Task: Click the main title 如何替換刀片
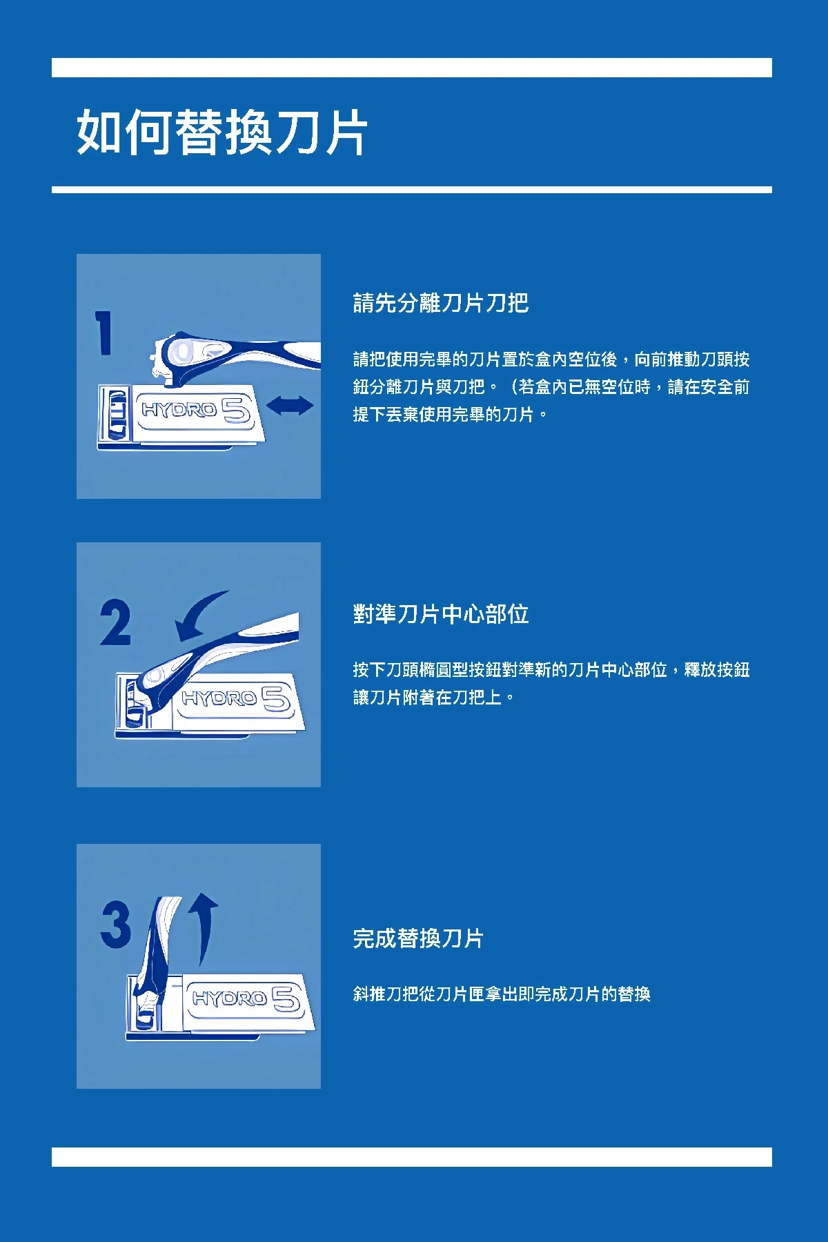[x=222, y=132]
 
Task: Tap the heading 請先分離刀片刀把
[x=441, y=303]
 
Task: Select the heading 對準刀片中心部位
[x=441, y=614]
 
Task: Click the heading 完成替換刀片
[x=418, y=938]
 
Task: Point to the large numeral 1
[x=104, y=333]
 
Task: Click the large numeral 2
[x=115, y=622]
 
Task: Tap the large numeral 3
[x=115, y=925]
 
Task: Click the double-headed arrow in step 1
[x=290, y=405]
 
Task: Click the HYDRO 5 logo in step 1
[x=195, y=410]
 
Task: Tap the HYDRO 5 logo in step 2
[x=235, y=698]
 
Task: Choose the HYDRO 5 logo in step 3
[x=246, y=998]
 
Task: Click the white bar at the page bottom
[x=412, y=1157]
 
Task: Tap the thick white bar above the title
[x=412, y=68]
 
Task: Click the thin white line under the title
[x=412, y=190]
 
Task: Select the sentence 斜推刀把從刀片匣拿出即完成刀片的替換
[x=502, y=994]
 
